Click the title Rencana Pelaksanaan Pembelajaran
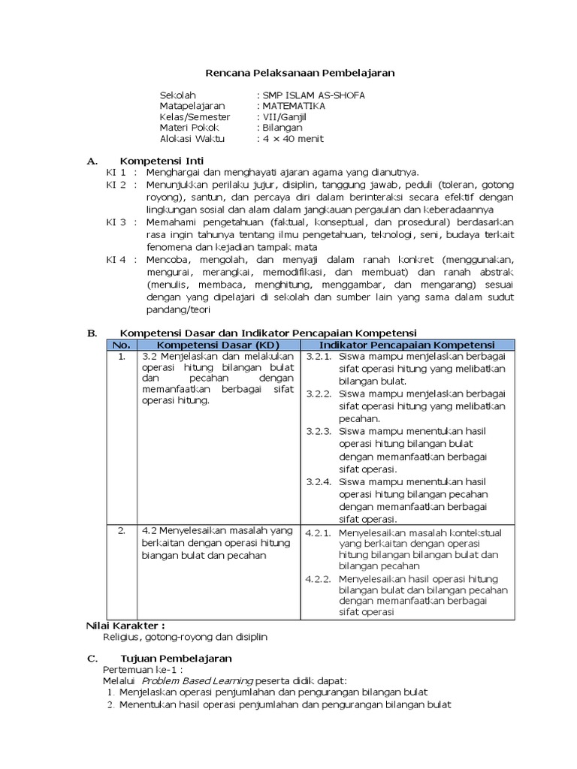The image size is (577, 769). click(300, 72)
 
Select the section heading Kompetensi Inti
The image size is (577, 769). click(162, 161)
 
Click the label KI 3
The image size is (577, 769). click(116, 222)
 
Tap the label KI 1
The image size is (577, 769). click(116, 173)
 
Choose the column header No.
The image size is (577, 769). click(120, 344)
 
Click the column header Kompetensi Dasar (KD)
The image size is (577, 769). click(218, 344)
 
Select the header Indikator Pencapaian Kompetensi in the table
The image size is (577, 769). click(408, 344)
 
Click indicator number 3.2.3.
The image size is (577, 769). click(319, 431)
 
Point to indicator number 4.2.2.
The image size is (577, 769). click(319, 579)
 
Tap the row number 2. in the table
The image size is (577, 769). click(121, 531)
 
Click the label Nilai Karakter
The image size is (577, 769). click(125, 625)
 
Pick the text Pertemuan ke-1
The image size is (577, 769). click(143, 668)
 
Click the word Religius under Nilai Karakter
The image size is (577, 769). click(122, 636)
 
